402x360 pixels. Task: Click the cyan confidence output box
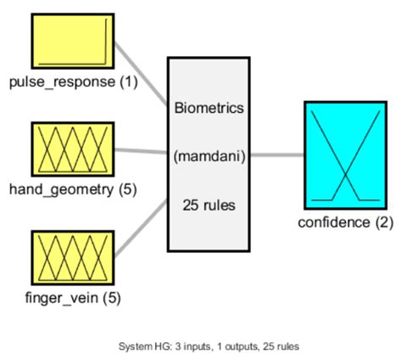coord(344,155)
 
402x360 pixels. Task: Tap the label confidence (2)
coord(344,222)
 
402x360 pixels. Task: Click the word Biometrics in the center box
coord(209,109)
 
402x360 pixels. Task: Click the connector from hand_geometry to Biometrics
coord(140,151)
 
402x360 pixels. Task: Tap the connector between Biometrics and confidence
coord(277,155)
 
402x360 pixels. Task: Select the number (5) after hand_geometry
coord(126,189)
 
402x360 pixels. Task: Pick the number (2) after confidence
coord(383,222)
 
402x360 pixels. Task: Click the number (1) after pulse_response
coord(126,82)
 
